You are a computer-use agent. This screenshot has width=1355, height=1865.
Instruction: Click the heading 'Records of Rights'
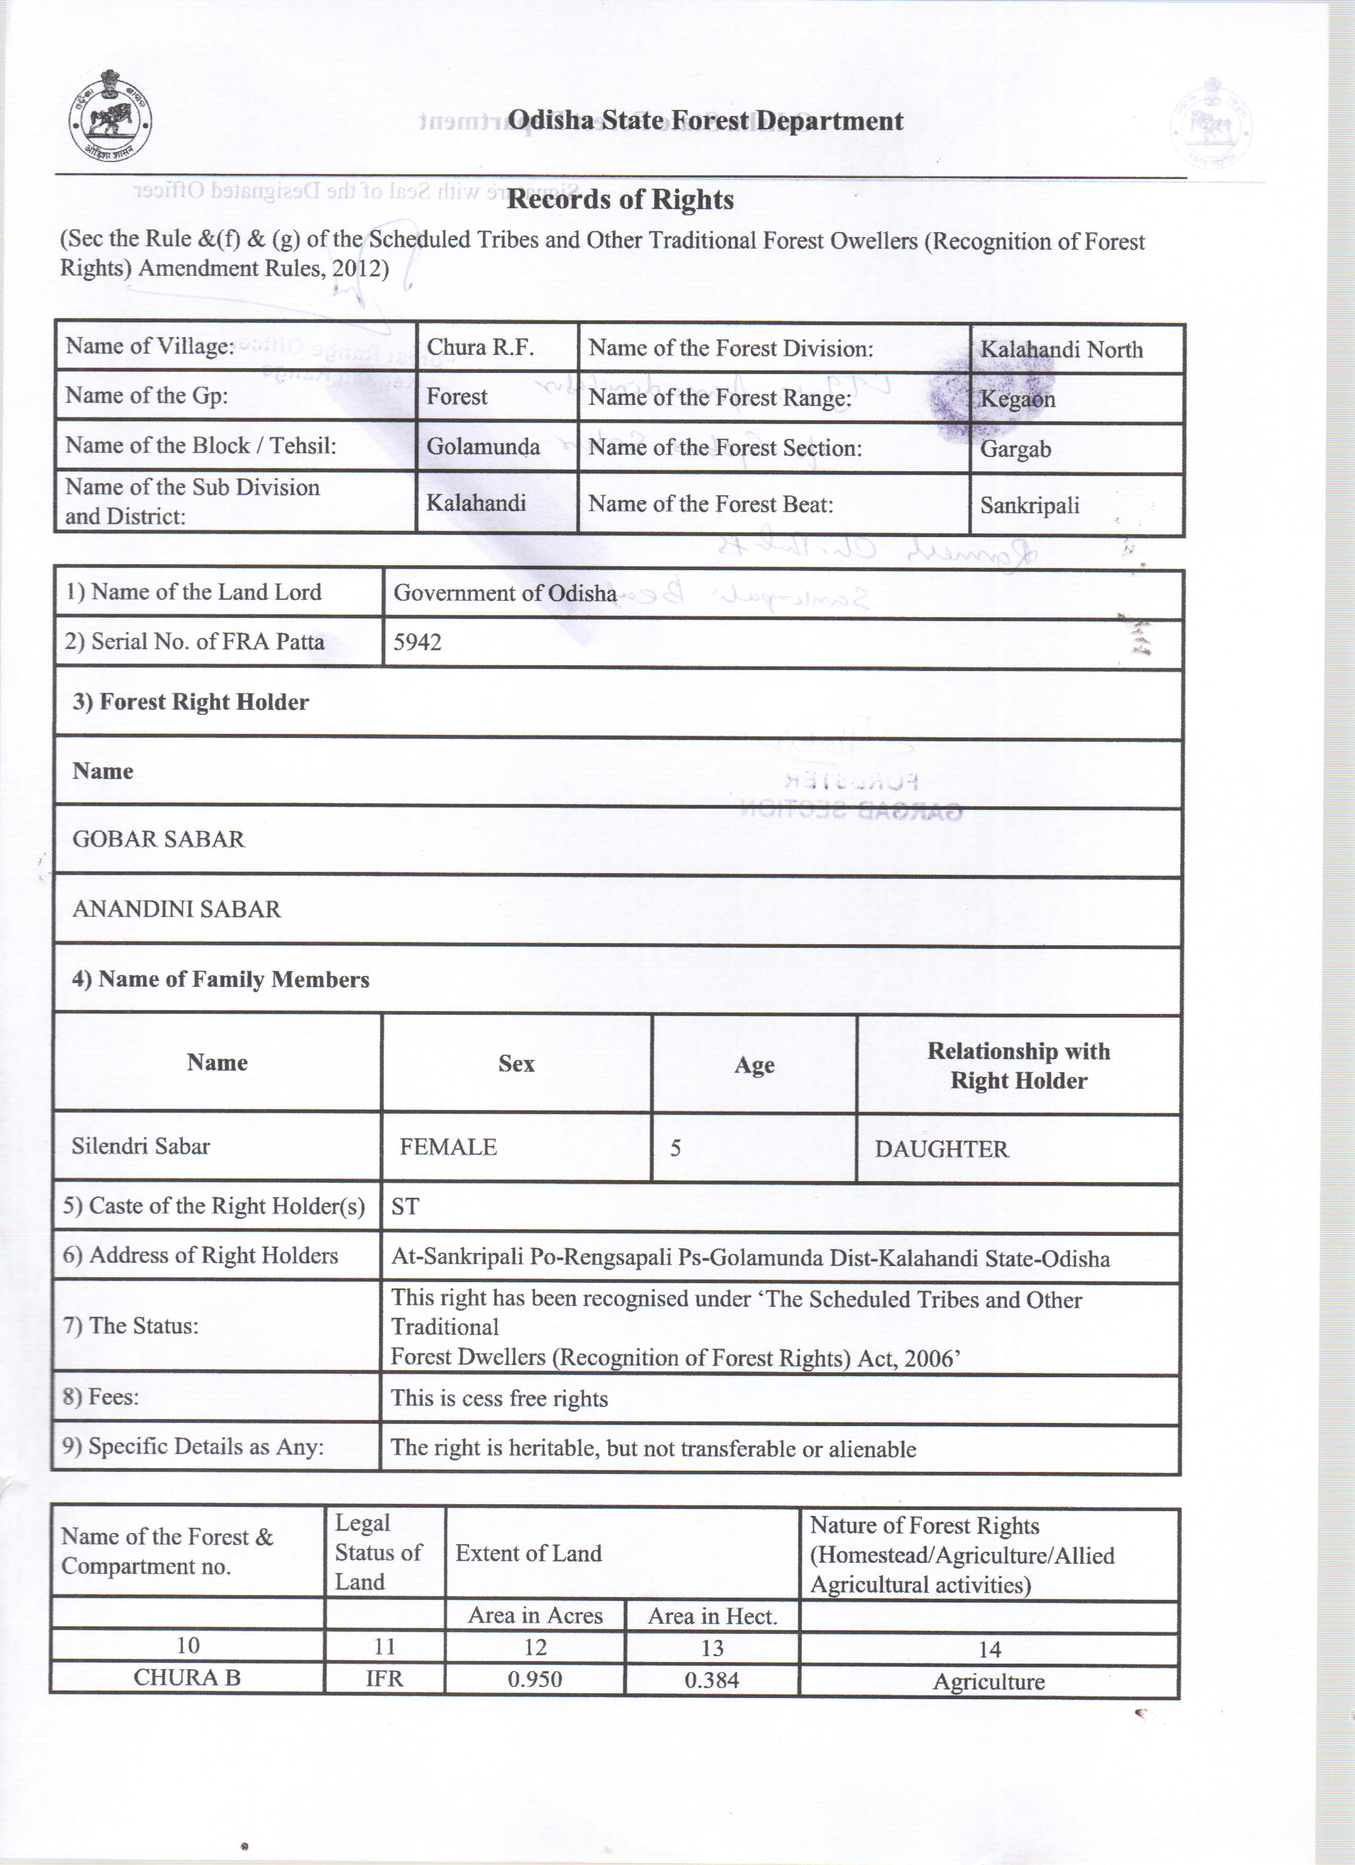[621, 199]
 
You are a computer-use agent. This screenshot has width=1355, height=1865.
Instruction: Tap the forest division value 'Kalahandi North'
[1061, 350]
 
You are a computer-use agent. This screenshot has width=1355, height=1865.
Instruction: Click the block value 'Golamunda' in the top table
[482, 446]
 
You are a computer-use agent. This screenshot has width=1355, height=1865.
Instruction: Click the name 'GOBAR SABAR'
[159, 839]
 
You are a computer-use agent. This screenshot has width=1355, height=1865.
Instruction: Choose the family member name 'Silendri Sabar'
[141, 1146]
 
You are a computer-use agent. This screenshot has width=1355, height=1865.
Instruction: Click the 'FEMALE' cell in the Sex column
[448, 1147]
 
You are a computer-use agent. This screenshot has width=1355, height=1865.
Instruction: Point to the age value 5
[675, 1148]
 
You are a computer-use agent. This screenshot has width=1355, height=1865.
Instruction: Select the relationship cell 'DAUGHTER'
[942, 1149]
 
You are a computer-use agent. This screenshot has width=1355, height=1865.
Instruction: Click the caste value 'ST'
[405, 1206]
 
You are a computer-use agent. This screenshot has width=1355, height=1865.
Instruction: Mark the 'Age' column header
[754, 1065]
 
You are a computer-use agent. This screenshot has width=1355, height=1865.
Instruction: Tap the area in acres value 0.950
[535, 1679]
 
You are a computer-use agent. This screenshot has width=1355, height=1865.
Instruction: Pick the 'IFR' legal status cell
[384, 1679]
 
